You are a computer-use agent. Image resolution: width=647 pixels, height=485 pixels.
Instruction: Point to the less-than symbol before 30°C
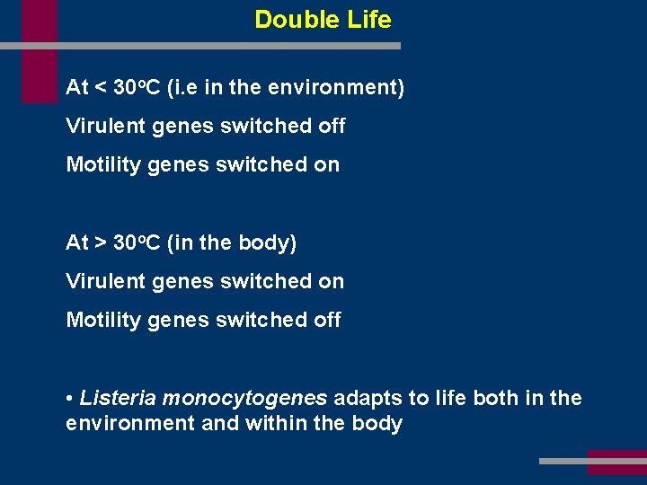coord(101,88)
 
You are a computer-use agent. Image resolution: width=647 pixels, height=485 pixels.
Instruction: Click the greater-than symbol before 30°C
coord(101,243)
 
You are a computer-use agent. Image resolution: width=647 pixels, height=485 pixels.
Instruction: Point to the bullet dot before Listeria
coord(70,399)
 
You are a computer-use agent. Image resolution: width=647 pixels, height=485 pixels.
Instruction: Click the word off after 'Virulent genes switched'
coord(332,127)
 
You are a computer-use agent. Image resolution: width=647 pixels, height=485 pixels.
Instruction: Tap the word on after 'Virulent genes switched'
coord(331,282)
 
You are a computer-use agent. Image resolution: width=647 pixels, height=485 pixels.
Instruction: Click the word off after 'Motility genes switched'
coord(327,321)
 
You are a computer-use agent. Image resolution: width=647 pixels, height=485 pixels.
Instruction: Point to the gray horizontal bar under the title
coord(225,45)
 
